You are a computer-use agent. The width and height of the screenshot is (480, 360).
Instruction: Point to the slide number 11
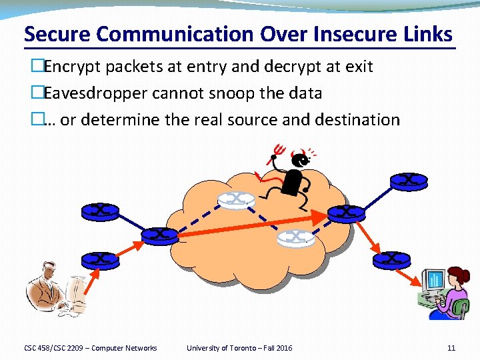click(x=451, y=348)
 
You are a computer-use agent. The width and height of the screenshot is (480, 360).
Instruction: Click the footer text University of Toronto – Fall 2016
click(x=239, y=348)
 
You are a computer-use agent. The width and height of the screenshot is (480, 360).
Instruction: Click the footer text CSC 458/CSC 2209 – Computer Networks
click(x=91, y=348)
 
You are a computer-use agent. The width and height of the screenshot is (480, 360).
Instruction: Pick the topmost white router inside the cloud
click(x=237, y=199)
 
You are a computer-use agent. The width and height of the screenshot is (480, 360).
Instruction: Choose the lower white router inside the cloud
click(x=296, y=236)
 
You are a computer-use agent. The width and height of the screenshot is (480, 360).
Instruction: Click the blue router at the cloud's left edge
click(x=160, y=235)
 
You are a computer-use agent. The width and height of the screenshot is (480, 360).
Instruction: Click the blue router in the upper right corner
click(x=408, y=179)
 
